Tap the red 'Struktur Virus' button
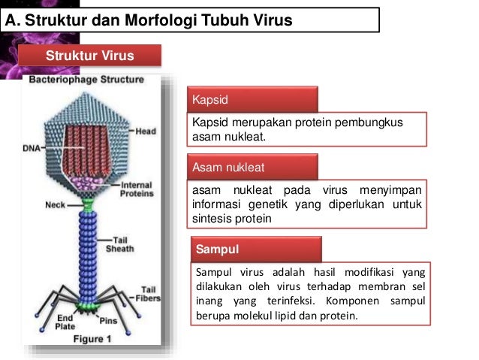90,56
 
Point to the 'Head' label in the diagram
145,132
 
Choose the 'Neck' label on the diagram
56,204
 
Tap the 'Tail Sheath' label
119,244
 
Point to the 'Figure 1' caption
92,339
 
